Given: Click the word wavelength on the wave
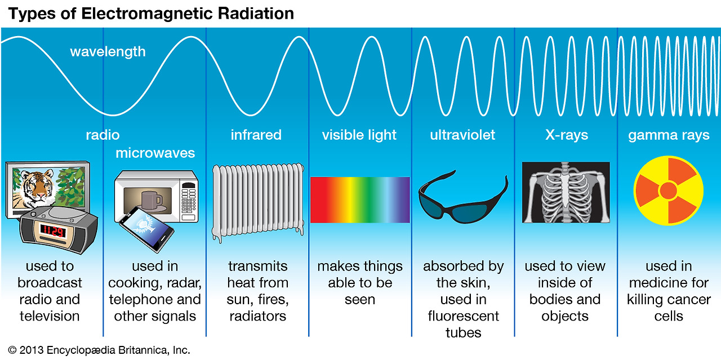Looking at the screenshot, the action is coord(108,52).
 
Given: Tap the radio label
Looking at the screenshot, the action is coord(103,135).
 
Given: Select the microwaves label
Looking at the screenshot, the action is coord(155,153).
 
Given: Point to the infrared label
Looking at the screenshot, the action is coord(256,135).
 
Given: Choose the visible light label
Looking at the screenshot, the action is coord(359,135).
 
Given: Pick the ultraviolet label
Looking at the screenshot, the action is coord(462,135).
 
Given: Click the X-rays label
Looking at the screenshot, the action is coord(567,135).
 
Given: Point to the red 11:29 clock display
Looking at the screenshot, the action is coord(53,231).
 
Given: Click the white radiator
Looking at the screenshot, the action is coord(258,202).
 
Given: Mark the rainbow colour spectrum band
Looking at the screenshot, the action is coord(360,199).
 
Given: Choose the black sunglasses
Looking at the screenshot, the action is coord(463,197).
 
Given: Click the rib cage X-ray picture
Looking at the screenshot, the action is coord(566,192).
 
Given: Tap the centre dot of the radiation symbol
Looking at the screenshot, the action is coord(669,190).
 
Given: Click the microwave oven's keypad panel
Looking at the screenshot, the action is coord(189,202).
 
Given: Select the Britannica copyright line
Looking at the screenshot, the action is coord(99,350).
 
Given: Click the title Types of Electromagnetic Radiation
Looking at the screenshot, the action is coord(151,14).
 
